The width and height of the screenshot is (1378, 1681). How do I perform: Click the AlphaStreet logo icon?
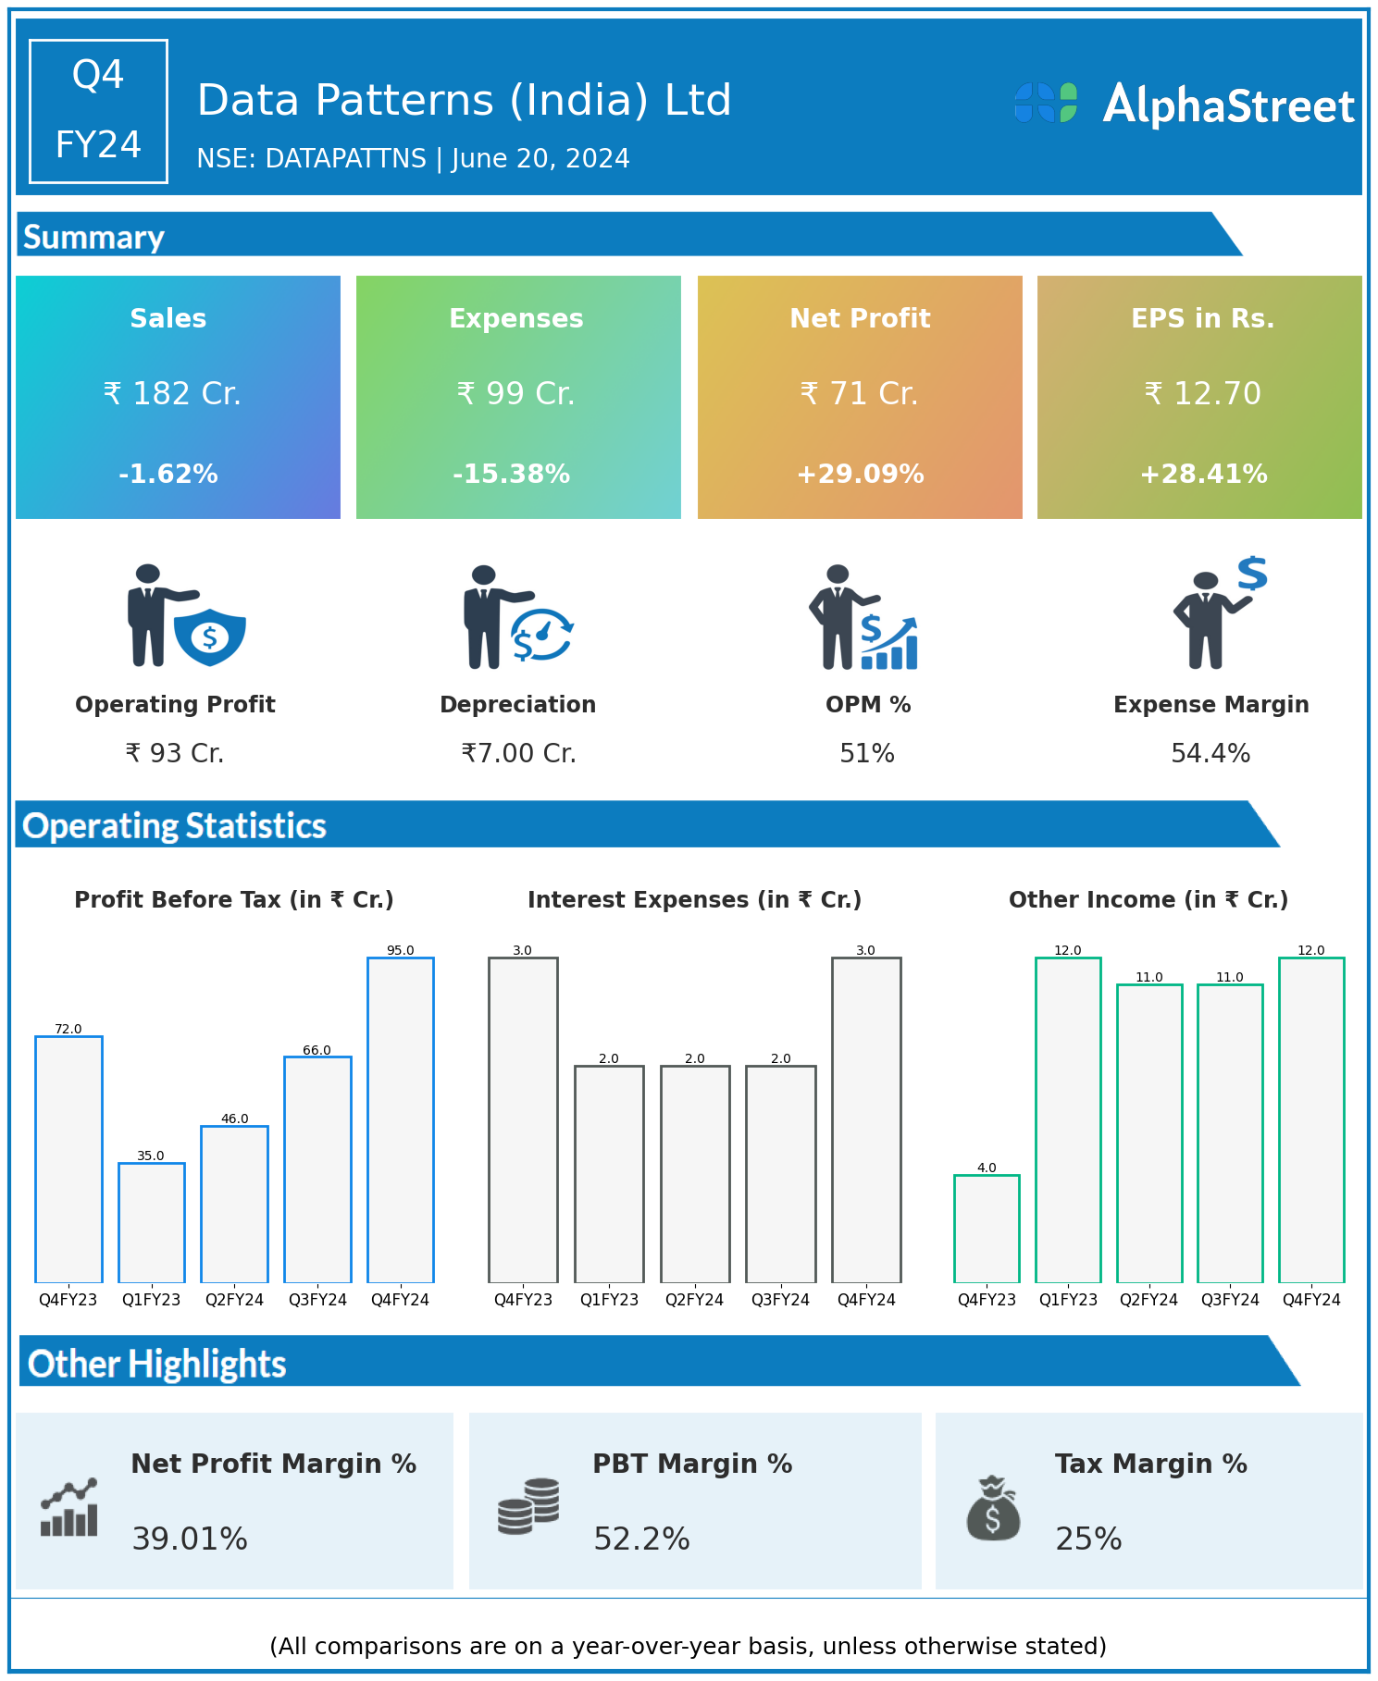coord(1046,103)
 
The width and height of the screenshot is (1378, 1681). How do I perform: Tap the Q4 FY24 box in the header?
coord(98,111)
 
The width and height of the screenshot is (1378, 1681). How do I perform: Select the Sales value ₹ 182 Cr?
coord(172,394)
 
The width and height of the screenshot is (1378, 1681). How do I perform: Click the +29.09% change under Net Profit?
coord(860,475)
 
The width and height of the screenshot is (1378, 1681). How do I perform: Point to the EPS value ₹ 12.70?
coord(1202,394)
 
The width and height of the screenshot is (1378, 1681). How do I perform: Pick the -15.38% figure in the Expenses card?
coord(511,475)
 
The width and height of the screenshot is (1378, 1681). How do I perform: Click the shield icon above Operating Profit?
coord(210,636)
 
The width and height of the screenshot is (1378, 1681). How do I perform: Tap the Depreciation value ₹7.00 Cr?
coord(518,754)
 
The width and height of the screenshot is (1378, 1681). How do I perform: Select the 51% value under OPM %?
coord(866,754)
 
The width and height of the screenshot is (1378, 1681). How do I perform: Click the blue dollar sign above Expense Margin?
coord(1252,574)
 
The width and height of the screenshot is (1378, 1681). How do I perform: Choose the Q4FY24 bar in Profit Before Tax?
coord(401,1119)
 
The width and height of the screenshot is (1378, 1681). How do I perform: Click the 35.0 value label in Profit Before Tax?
coord(150,1156)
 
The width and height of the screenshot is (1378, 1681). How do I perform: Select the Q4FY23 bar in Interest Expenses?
coord(523,1119)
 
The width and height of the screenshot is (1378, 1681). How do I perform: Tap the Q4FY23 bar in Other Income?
coord(987,1229)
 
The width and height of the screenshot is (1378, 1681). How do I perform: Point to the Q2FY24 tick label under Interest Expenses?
coord(694,1300)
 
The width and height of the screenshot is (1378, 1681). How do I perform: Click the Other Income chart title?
coord(1148,900)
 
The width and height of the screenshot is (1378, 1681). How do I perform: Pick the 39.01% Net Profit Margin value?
coord(190,1539)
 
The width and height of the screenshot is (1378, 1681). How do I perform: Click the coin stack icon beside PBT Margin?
coord(528,1506)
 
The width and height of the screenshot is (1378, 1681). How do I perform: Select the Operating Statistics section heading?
coord(175,825)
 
